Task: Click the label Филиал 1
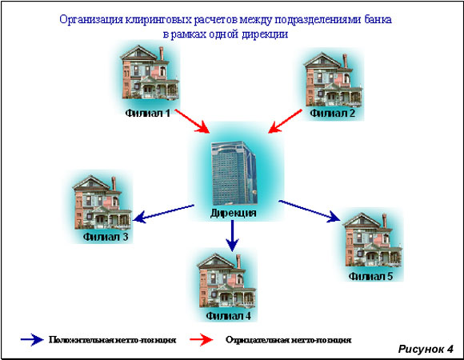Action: [148, 114]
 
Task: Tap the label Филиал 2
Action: [332, 114]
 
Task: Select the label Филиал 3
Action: [106, 237]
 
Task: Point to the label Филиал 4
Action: [229, 316]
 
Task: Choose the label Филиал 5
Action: [370, 276]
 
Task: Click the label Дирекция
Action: [233, 213]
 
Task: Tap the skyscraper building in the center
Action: [234, 173]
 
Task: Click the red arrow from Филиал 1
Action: [192, 122]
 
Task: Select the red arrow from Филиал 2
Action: [285, 122]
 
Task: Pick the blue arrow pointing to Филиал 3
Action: [163, 214]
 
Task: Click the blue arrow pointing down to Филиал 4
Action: [232, 236]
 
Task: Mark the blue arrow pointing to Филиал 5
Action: [310, 211]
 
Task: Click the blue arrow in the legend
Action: [32, 339]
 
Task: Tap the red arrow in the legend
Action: [202, 339]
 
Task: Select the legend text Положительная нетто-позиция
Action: [113, 340]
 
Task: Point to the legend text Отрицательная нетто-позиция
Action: [289, 340]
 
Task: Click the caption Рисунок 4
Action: [426, 349]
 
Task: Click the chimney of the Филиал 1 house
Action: [162, 54]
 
